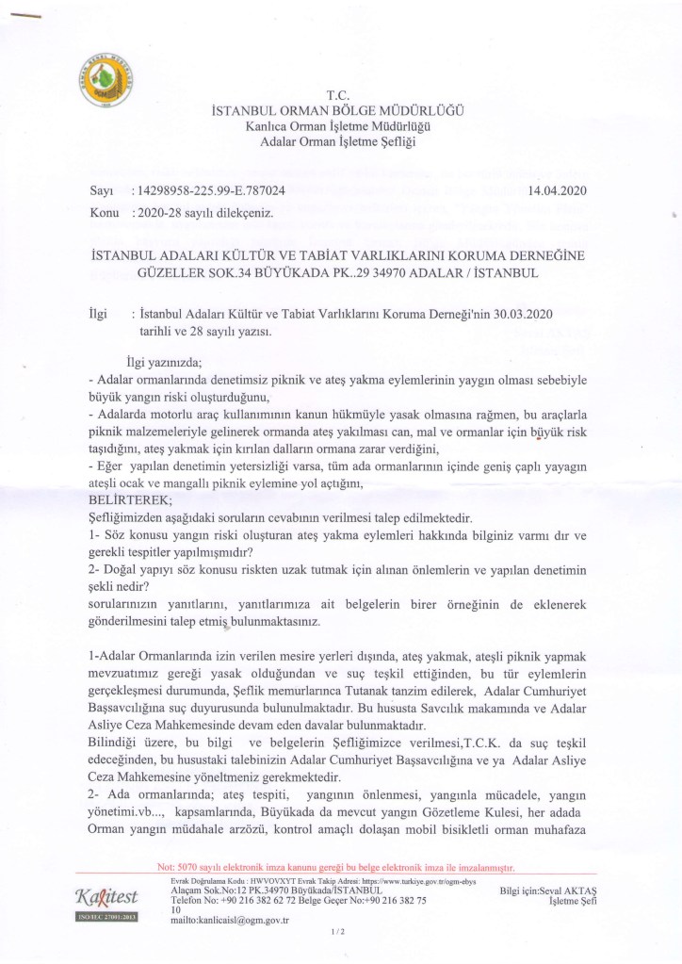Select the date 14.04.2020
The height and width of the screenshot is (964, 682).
click(558, 191)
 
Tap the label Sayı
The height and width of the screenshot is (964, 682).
click(101, 191)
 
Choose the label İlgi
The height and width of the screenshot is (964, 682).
click(97, 312)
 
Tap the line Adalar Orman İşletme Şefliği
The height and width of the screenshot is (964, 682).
click(337, 141)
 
